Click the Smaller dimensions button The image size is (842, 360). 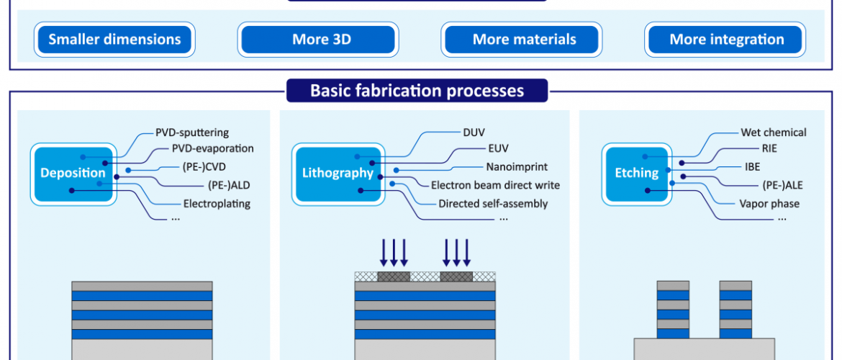114,40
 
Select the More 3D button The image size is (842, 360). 318,40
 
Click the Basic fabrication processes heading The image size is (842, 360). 417,90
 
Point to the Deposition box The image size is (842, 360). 73,174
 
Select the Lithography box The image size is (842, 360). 338,174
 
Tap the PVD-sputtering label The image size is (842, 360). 192,132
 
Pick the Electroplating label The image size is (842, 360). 217,204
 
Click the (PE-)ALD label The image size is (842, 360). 229,186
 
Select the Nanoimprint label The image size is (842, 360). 517,167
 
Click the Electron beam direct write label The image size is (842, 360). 496,185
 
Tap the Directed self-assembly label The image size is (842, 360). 493,204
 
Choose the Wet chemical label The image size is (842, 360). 773,132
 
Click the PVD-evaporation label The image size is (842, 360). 212,148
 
